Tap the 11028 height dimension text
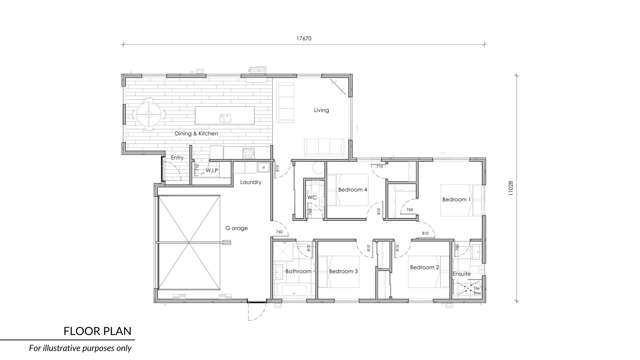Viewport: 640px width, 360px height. click(x=509, y=186)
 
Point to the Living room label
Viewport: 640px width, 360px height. click(x=321, y=110)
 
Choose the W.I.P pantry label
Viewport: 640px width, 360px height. click(x=212, y=170)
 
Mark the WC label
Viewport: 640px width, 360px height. click(x=312, y=197)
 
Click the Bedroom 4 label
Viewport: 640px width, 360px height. click(x=353, y=189)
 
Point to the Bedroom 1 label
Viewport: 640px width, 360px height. click(x=456, y=198)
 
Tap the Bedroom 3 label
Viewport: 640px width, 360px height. click(x=342, y=270)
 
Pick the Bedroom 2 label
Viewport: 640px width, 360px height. click(x=424, y=267)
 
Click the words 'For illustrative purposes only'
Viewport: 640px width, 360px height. click(x=80, y=347)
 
